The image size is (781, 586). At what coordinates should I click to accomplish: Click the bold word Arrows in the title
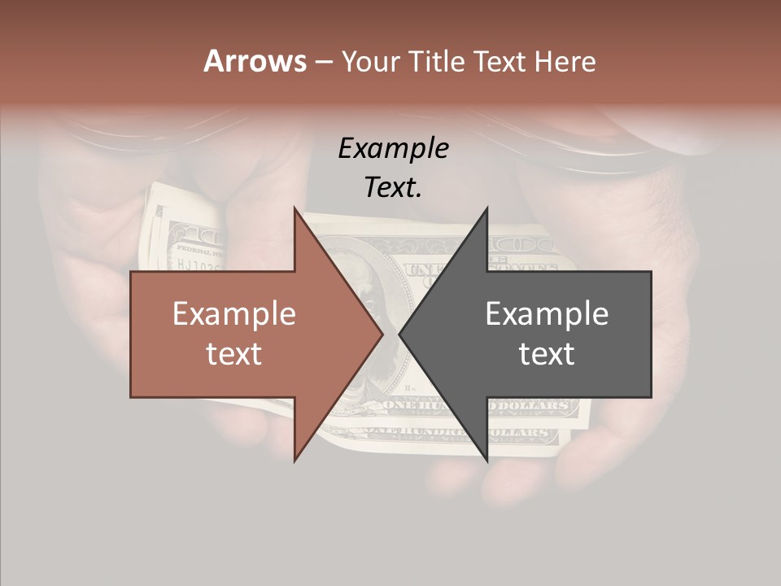pos(255,61)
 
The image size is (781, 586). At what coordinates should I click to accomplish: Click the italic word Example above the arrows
pos(393,149)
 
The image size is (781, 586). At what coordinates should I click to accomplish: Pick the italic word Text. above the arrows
pos(393,187)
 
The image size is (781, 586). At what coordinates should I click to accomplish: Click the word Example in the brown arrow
pos(234,314)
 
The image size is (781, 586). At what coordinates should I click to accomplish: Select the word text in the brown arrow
pos(234,353)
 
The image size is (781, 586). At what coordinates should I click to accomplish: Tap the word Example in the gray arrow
pos(547,314)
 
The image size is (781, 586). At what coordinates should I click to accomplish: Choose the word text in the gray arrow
pos(547,353)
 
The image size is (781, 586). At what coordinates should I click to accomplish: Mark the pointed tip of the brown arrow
pos(382,335)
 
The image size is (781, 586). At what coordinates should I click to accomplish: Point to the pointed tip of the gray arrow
pos(400,335)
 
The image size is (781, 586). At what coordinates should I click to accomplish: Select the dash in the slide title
pos(323,62)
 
